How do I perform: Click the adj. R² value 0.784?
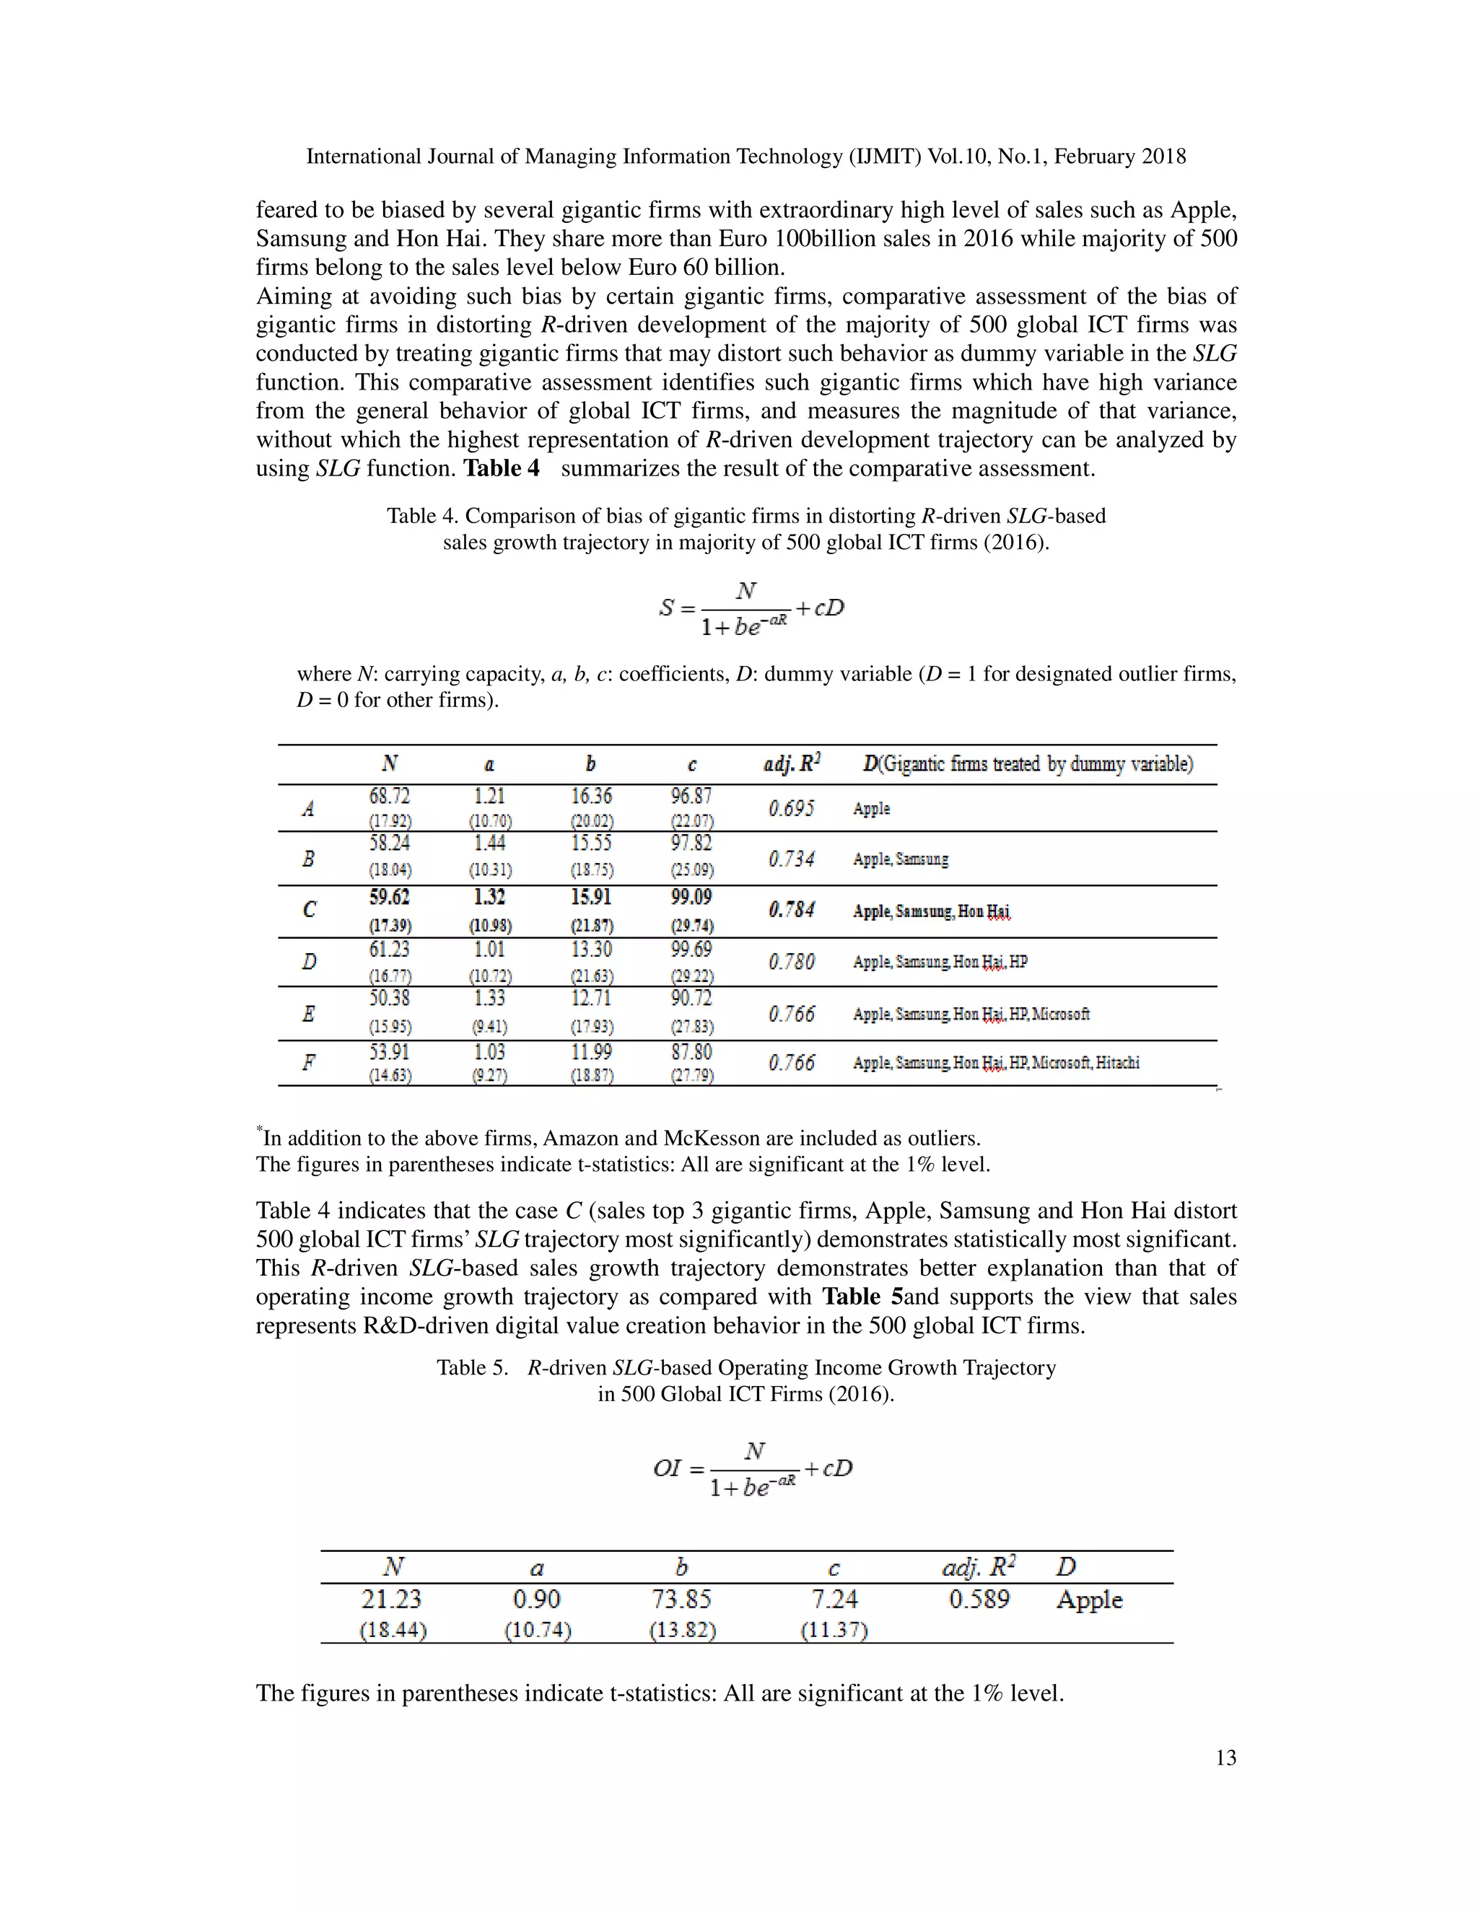[792, 911]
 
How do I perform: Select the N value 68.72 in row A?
[389, 796]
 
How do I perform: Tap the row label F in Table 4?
[308, 1062]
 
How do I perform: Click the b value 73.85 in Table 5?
[681, 1600]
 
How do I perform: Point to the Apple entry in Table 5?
[1088, 1600]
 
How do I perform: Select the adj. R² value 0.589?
[979, 1600]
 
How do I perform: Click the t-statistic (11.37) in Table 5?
[834, 1630]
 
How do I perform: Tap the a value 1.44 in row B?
[489, 843]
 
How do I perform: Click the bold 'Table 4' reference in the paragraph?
[501, 468]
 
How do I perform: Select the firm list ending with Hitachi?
[995, 1063]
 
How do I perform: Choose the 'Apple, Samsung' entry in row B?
[900, 859]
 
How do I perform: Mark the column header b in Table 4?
[591, 764]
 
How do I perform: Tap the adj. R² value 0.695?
[792, 808]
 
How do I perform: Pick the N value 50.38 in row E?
[389, 999]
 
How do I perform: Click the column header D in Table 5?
[1066, 1567]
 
